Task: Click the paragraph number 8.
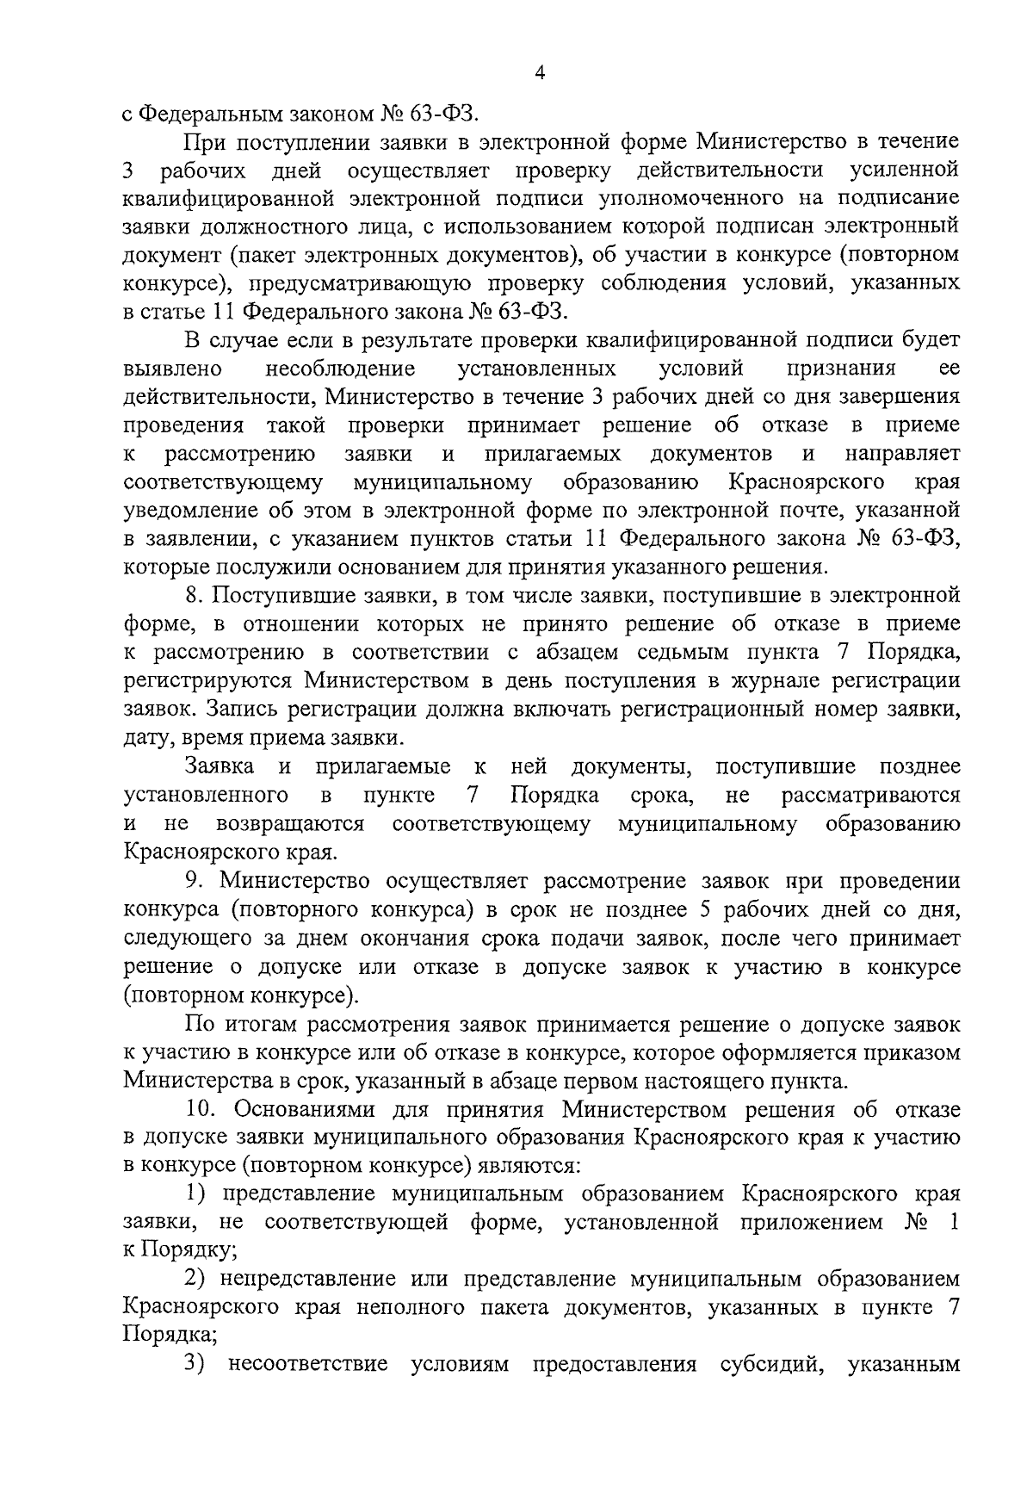pos(193,595)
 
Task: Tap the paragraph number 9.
pos(193,881)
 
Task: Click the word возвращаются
pos(290,824)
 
